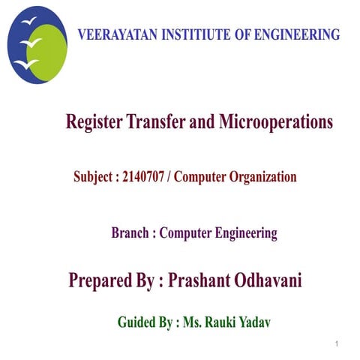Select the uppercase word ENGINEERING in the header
(x=298, y=35)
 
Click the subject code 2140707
(x=147, y=178)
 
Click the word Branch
(x=130, y=233)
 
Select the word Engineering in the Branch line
(x=241, y=234)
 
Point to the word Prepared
(x=103, y=281)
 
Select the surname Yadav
(x=251, y=322)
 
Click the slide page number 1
(x=339, y=344)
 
